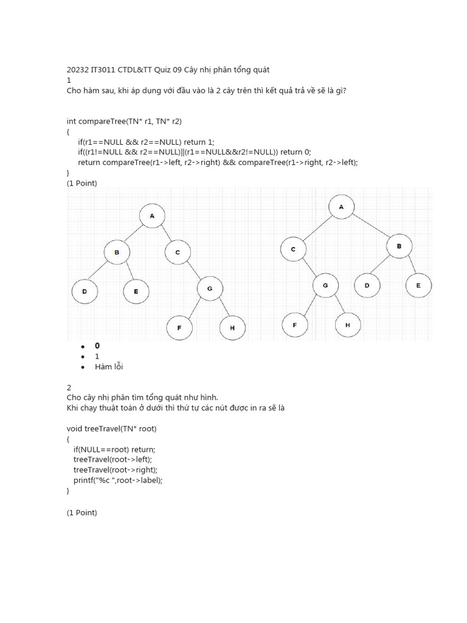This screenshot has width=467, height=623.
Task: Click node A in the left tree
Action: [152, 216]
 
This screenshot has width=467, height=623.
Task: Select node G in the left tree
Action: [210, 289]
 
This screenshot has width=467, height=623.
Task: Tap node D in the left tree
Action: [85, 291]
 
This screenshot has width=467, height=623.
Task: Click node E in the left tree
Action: [136, 291]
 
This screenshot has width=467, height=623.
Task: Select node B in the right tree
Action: [400, 246]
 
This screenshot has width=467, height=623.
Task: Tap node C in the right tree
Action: [293, 249]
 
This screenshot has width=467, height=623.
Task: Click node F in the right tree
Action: [295, 325]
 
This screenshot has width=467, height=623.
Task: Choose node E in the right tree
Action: [418, 285]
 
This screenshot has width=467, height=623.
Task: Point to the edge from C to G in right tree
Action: [309, 266]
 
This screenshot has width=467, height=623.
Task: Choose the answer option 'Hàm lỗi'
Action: [109, 366]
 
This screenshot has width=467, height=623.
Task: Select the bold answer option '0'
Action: [97, 346]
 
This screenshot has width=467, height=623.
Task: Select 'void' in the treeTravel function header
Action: [75, 428]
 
